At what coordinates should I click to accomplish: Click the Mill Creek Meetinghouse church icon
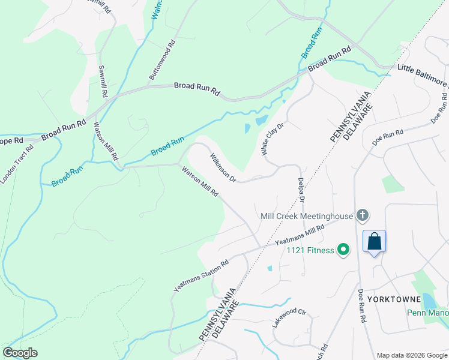[x=362, y=215]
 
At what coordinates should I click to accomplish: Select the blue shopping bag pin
[x=374, y=242]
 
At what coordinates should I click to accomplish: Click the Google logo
[x=20, y=353]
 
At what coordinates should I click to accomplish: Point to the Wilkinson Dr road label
[x=223, y=167]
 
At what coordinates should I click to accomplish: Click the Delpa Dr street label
[x=302, y=190]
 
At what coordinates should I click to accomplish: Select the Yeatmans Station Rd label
[x=202, y=276]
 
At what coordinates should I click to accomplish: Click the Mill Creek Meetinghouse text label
[x=306, y=215]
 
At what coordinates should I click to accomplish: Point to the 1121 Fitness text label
[x=310, y=250]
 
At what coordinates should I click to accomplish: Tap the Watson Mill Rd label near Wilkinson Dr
[x=200, y=184]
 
